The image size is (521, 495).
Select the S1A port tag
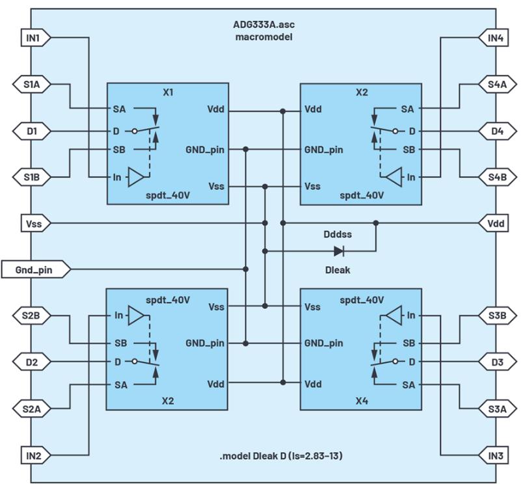click(32, 85)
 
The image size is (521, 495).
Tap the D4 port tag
click(498, 131)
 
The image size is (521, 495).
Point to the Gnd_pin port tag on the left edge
click(36, 269)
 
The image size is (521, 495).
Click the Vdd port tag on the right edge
click(494, 223)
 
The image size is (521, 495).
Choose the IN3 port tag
click(494, 455)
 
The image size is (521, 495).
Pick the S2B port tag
click(32, 315)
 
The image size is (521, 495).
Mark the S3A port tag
click(498, 409)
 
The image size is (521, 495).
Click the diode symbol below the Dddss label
click(339, 251)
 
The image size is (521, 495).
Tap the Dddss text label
click(338, 234)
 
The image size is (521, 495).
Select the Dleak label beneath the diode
click(338, 270)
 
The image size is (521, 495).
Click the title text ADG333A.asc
click(264, 25)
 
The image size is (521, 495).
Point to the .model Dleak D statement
click(281, 455)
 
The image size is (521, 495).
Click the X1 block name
click(168, 92)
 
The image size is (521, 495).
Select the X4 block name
click(362, 401)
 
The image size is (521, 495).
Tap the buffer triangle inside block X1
click(135, 177)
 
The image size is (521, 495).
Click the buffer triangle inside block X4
click(394, 315)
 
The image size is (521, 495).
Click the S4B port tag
click(498, 177)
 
